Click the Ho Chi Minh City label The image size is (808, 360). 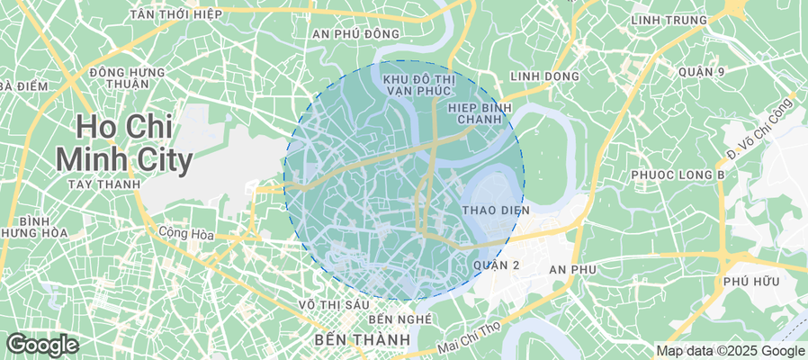point(123,143)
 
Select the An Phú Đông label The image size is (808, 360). point(355,33)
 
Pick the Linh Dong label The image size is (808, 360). point(544,76)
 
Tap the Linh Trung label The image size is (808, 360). point(668,20)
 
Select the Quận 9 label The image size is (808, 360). point(702,71)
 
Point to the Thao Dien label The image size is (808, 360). point(496,210)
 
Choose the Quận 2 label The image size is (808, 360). point(496,265)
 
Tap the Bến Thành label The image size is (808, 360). point(363,340)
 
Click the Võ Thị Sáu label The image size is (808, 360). point(335,304)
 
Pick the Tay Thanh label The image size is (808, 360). point(103,184)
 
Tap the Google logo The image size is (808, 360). point(41,345)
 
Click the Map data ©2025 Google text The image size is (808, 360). point(730,351)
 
